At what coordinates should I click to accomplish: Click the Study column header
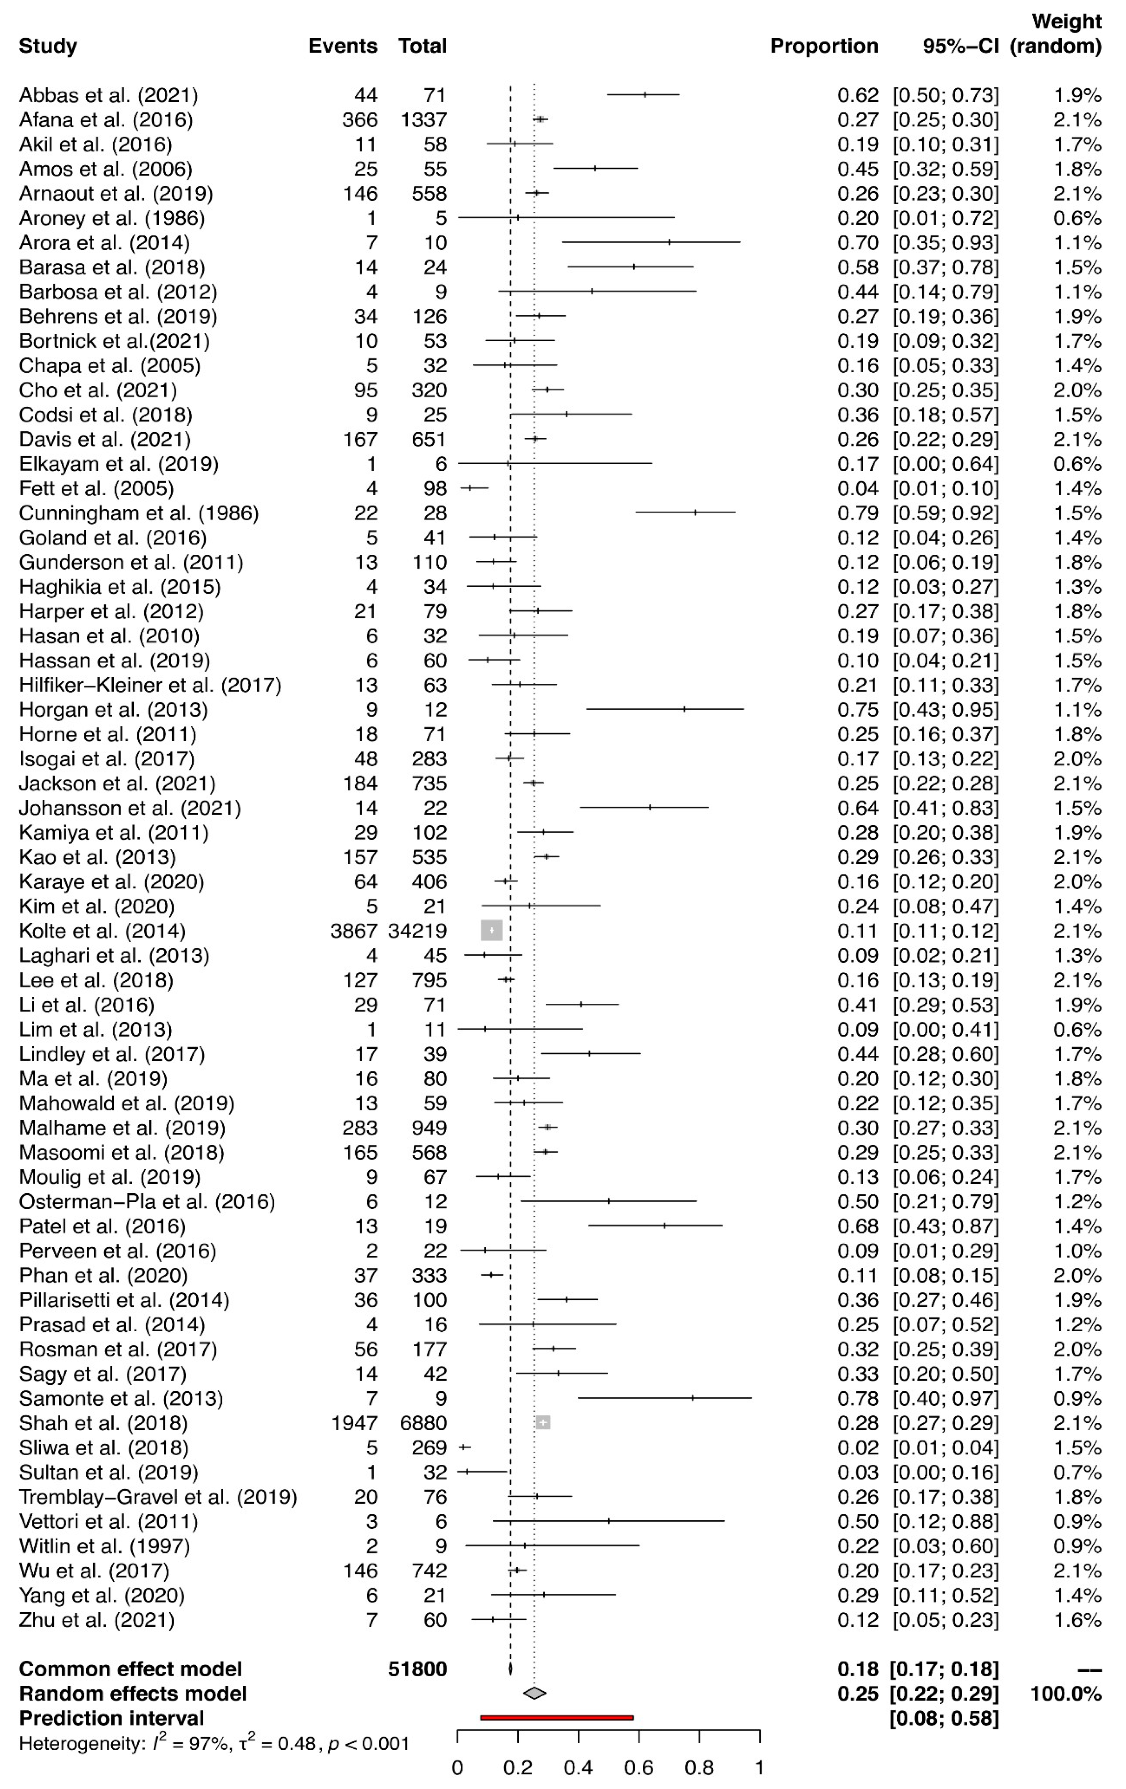[48, 46]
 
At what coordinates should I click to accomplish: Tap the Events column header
[342, 46]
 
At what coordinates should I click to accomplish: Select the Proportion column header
[824, 46]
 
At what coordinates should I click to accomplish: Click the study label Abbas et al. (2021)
[108, 95]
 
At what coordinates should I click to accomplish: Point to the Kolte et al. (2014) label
[102, 931]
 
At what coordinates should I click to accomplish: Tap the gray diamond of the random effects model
[534, 1693]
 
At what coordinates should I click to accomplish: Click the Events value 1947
[354, 1423]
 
